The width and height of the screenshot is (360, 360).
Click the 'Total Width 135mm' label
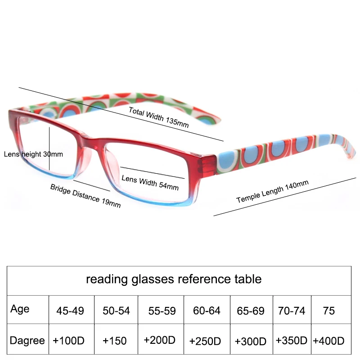(x=158, y=117)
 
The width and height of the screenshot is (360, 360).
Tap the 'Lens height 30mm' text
(x=33, y=154)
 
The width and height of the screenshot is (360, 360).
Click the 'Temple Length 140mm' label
(x=272, y=192)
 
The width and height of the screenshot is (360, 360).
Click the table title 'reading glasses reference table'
(x=174, y=279)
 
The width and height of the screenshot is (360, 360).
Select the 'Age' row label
(x=20, y=309)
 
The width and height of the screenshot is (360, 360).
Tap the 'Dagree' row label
(x=27, y=341)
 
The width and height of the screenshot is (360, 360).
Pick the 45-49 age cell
(x=70, y=311)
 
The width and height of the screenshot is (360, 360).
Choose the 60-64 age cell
(x=206, y=311)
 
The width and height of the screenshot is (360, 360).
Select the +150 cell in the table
(x=115, y=341)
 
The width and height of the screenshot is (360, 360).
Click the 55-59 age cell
(x=162, y=311)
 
